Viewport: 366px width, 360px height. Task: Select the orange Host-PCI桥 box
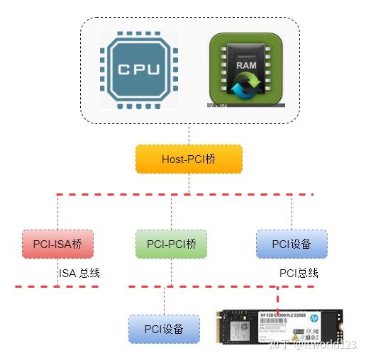pyautogui.click(x=189, y=159)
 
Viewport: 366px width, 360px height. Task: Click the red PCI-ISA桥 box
pyautogui.click(x=57, y=244)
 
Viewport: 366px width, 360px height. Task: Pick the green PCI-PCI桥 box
pyautogui.click(x=171, y=244)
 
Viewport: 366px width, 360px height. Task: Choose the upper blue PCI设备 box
pyautogui.click(x=292, y=244)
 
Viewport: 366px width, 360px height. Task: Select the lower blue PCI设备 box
pyautogui.click(x=164, y=329)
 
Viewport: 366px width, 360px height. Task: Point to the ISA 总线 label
pyautogui.click(x=79, y=273)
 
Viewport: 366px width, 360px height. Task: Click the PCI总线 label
pyautogui.click(x=299, y=273)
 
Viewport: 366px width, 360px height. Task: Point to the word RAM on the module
pyautogui.click(x=246, y=65)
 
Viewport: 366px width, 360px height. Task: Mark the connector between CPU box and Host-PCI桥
pyautogui.click(x=189, y=133)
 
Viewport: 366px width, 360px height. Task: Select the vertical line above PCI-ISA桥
pyautogui.click(x=57, y=211)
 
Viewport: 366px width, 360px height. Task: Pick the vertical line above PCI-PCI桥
pyautogui.click(x=171, y=211)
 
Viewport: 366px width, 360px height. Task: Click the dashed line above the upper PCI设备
pyautogui.click(x=292, y=211)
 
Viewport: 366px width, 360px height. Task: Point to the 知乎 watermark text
pyautogui.click(x=280, y=345)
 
